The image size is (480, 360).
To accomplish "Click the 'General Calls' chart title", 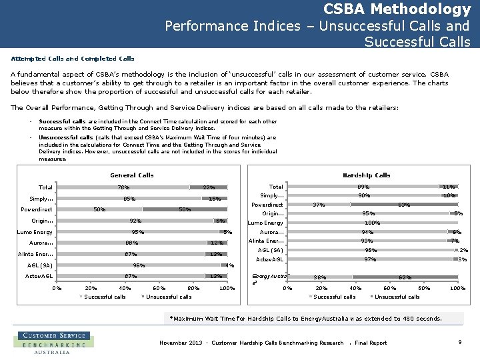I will [x=131, y=175].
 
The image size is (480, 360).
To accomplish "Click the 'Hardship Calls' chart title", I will [x=366, y=175].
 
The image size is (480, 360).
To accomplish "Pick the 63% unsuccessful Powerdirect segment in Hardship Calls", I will [x=403, y=205].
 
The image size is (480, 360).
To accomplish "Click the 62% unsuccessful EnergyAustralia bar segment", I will [x=404, y=277].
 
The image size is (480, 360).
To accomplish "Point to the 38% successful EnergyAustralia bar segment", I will [x=320, y=277].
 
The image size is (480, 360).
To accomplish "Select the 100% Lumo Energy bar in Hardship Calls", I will [x=372, y=223].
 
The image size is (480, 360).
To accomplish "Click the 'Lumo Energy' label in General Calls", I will [x=35, y=232].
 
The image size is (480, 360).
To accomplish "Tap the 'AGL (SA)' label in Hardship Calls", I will [x=271, y=250].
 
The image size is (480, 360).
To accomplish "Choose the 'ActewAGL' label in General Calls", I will [x=39, y=276].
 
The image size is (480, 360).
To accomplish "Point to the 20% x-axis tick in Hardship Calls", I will [x=321, y=288].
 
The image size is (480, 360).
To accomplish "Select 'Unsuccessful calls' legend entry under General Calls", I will [x=168, y=297].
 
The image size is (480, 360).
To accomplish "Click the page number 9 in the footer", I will [x=460, y=342].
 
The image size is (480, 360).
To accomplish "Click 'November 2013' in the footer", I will [x=181, y=343].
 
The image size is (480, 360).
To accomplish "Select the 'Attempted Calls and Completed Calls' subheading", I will [x=73, y=59].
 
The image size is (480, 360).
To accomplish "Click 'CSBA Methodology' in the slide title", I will [x=397, y=9].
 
